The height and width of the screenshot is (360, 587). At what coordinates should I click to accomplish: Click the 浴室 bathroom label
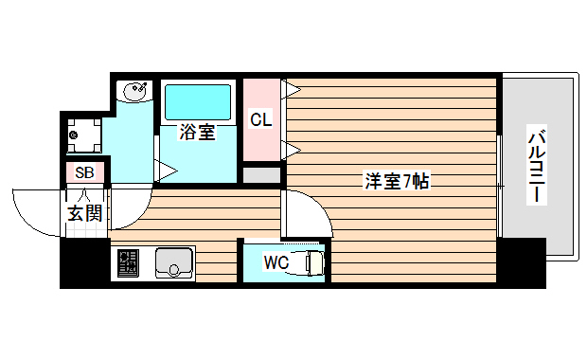198,134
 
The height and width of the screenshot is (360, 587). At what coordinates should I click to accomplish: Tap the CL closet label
261,119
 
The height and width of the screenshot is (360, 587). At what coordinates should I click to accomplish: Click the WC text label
276,261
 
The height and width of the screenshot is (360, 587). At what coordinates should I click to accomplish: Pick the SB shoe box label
84,172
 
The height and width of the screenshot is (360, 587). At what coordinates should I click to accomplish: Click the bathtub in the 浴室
198,102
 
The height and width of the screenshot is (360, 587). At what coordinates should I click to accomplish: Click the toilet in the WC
311,262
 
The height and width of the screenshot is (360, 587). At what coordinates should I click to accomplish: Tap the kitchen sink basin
173,262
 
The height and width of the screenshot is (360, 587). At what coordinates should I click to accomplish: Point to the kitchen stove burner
127,262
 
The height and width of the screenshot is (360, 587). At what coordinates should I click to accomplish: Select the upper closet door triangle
292,90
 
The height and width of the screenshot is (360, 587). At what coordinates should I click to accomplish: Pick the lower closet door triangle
292,148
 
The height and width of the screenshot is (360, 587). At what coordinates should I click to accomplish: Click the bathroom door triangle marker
167,171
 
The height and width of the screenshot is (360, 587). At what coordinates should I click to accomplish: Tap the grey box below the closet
261,175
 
